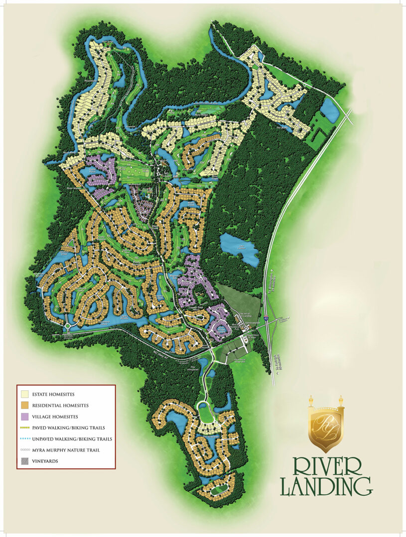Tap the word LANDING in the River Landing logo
(326, 486)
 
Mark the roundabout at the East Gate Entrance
(67, 326)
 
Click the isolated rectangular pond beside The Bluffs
(330, 110)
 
